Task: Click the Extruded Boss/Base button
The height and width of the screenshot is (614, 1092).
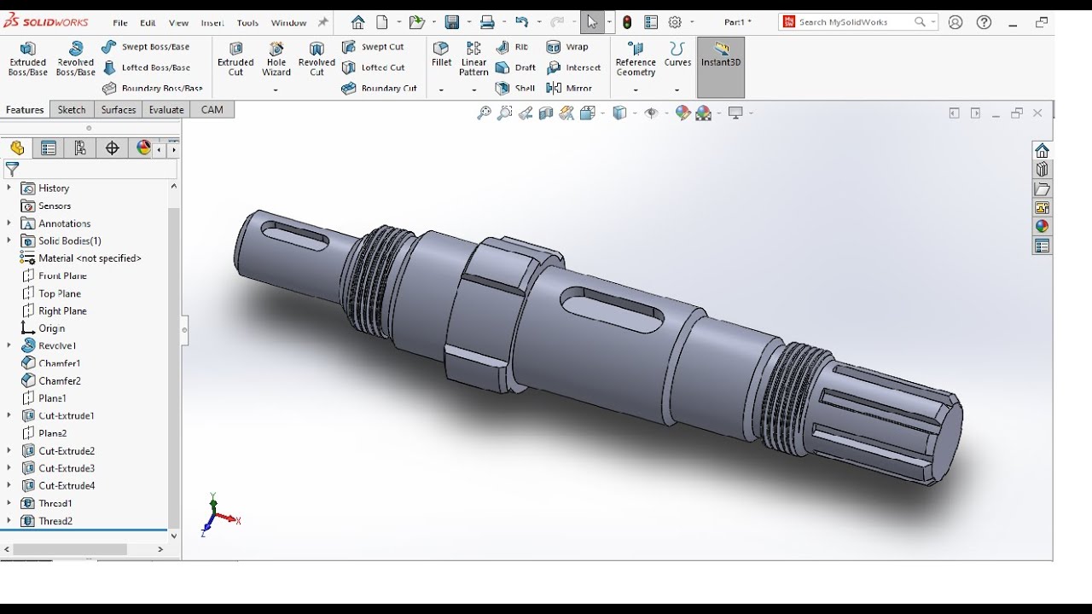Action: click(27, 58)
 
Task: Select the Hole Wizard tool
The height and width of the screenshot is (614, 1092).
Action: click(276, 58)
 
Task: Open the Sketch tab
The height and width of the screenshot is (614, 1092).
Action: click(72, 109)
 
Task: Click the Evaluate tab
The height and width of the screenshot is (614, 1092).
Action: click(166, 109)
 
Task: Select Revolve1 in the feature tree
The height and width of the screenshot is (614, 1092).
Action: click(57, 345)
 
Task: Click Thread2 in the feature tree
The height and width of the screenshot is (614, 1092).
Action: click(55, 521)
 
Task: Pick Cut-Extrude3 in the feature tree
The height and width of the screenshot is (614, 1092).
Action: click(66, 468)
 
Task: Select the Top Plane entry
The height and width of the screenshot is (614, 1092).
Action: click(59, 293)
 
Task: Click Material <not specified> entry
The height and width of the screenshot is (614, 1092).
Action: click(90, 258)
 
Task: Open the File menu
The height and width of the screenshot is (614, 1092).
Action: click(120, 23)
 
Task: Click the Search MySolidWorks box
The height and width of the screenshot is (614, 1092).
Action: click(854, 22)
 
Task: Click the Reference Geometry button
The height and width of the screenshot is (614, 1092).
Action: click(636, 58)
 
